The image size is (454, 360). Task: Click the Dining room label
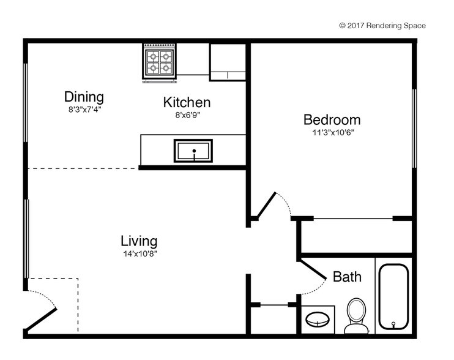pyautogui.click(x=84, y=97)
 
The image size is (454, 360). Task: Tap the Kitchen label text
pyautogui.click(x=187, y=102)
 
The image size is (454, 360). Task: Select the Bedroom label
pyautogui.click(x=332, y=119)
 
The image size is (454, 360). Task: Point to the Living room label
pyautogui.click(x=138, y=241)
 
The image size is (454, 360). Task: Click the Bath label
pyautogui.click(x=347, y=277)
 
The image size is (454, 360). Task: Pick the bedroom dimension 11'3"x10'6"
pyautogui.click(x=332, y=132)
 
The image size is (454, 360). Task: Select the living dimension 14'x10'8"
pyautogui.click(x=139, y=253)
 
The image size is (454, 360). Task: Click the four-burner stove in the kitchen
pyautogui.click(x=160, y=62)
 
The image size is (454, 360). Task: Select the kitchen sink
pyautogui.click(x=193, y=151)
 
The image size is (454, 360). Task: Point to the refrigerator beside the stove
pyautogui.click(x=228, y=61)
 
